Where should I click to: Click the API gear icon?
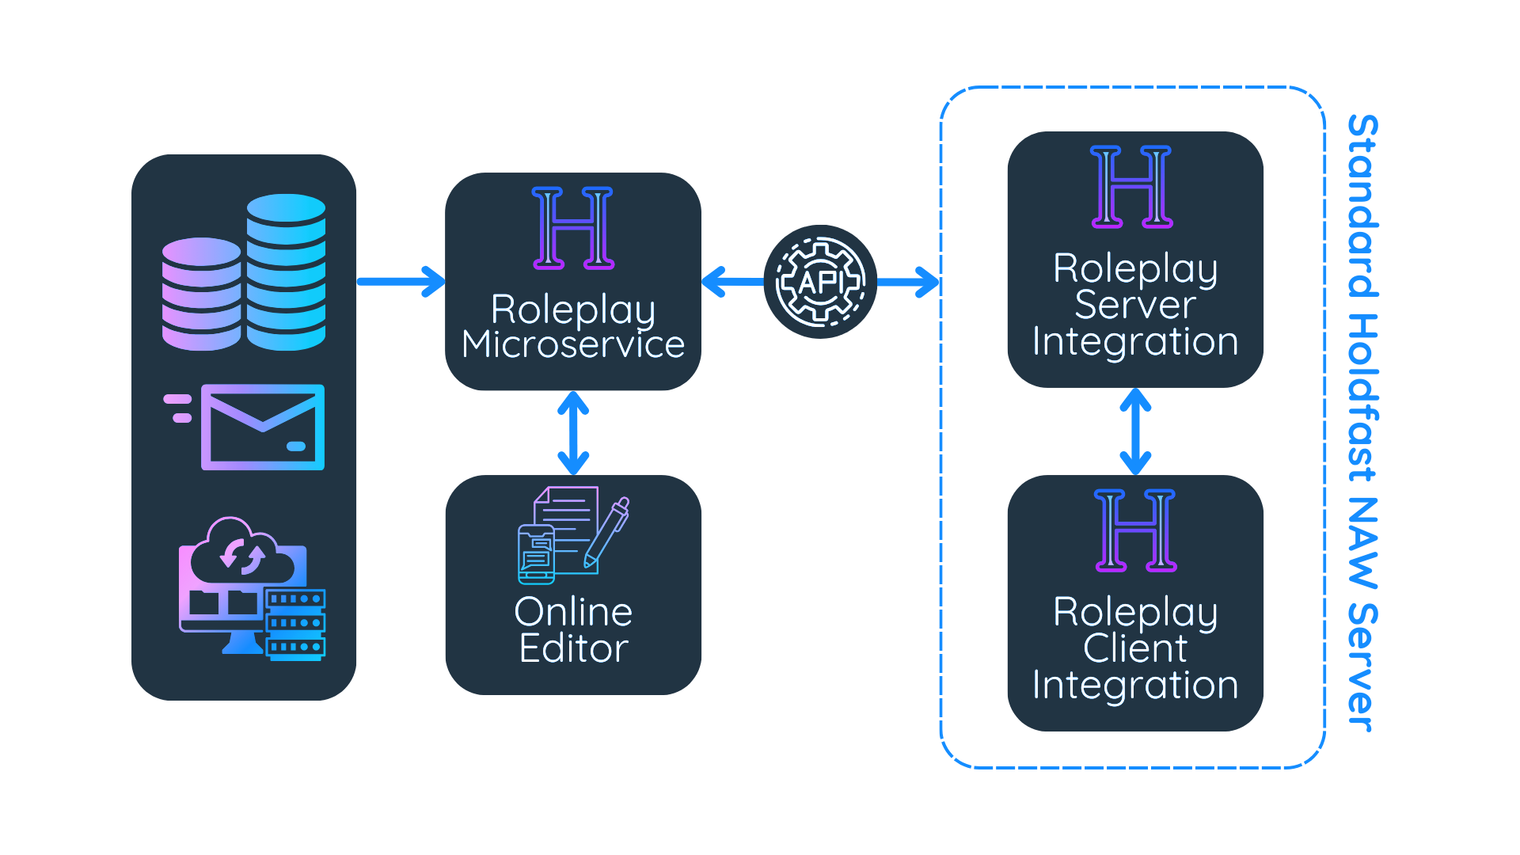tap(820, 282)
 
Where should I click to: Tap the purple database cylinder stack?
tap(201, 294)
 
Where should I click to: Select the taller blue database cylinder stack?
tap(286, 272)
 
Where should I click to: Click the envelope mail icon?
tap(262, 427)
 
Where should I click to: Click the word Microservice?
tap(573, 344)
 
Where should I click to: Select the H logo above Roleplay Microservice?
tap(573, 228)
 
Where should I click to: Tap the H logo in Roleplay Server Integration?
tap(1131, 187)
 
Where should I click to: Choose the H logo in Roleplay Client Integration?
tap(1135, 530)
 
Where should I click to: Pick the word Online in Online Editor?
tap(573, 612)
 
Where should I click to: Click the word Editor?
tap(573, 648)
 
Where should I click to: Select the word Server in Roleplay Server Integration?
tap(1135, 305)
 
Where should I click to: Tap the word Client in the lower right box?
tap(1135, 648)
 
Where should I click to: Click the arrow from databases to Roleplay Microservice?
tap(401, 282)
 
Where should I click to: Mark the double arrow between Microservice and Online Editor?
tap(573, 433)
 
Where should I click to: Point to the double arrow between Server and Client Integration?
tap(1135, 431)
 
